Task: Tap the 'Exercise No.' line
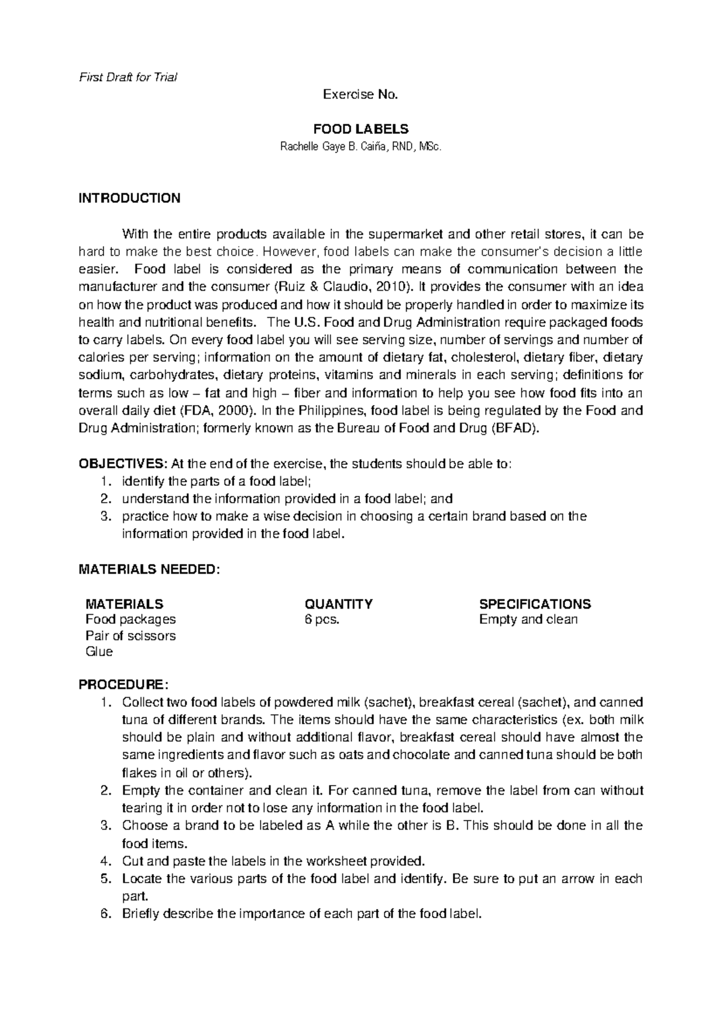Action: click(x=360, y=95)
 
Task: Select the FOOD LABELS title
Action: click(x=360, y=129)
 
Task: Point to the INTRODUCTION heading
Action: click(x=129, y=199)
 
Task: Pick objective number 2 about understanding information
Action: click(x=286, y=499)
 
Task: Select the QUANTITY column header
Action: click(x=339, y=604)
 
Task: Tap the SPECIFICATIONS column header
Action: click(x=534, y=604)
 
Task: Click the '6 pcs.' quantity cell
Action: click(x=322, y=619)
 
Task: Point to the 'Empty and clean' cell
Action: click(x=528, y=619)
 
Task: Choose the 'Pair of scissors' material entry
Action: click(x=131, y=636)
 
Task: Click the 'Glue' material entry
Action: click(x=99, y=652)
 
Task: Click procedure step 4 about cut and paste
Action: click(x=273, y=861)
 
